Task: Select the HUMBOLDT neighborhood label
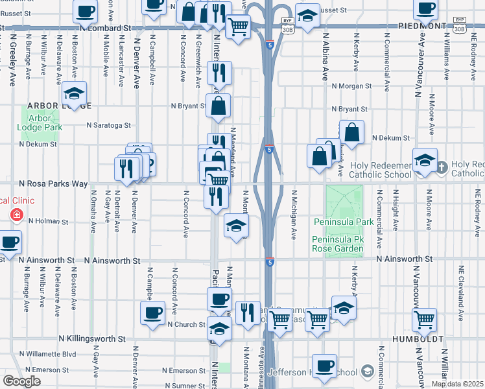(x=416, y=339)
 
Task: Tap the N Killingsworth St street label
(x=91, y=339)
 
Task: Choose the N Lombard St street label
(x=106, y=29)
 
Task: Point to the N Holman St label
(x=48, y=221)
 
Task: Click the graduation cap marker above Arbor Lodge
(x=75, y=93)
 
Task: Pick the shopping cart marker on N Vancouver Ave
(x=424, y=318)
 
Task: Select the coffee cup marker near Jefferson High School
(x=324, y=364)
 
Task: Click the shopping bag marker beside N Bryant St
(x=219, y=105)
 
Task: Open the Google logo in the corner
(x=21, y=381)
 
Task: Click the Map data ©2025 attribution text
(x=457, y=384)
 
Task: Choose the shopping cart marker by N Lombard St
(x=239, y=27)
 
